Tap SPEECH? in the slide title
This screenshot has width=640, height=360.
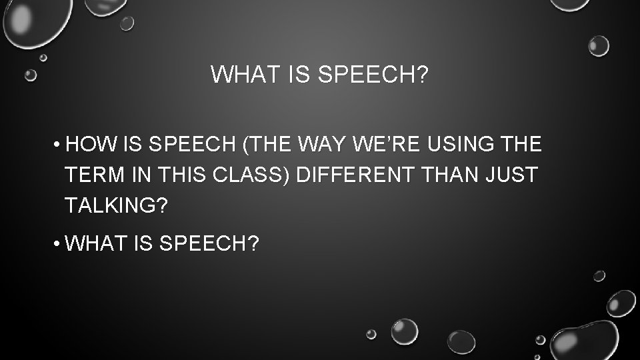[373, 75]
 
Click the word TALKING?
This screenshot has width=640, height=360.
[116, 206]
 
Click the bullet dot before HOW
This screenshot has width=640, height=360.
[59, 145]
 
